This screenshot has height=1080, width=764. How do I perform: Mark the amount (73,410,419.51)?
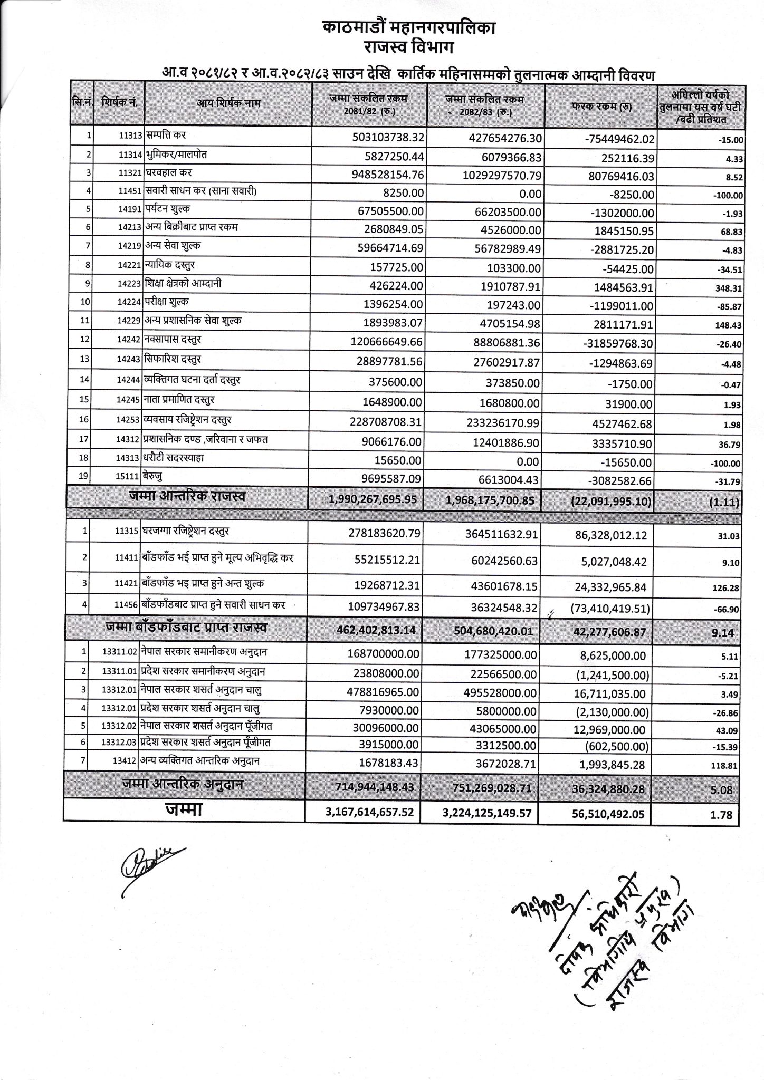click(x=610, y=610)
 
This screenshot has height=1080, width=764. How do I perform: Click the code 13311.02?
click(x=120, y=652)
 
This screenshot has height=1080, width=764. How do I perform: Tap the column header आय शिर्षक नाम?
click(x=228, y=103)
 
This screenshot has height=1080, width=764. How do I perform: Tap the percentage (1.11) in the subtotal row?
click(x=725, y=503)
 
